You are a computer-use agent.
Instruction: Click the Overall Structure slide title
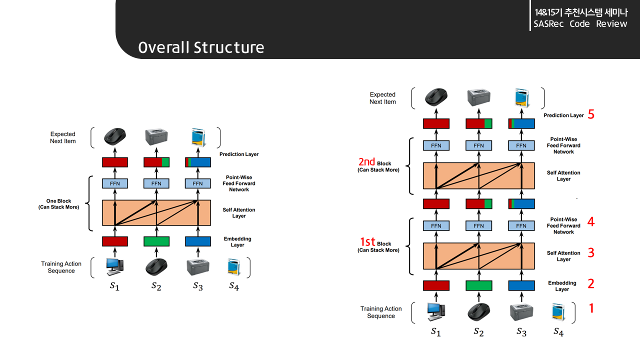pyautogui.click(x=201, y=47)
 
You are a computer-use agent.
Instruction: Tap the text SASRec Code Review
pyautogui.click(x=580, y=24)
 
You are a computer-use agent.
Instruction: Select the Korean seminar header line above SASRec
pyautogui.click(x=580, y=12)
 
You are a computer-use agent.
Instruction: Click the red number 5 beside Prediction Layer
pyautogui.click(x=591, y=114)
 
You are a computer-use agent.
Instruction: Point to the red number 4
pyautogui.click(x=591, y=222)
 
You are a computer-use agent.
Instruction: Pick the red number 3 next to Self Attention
pyautogui.click(x=591, y=253)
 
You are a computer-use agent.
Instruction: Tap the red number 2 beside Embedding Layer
pyautogui.click(x=591, y=284)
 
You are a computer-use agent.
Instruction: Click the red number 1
pyautogui.click(x=591, y=308)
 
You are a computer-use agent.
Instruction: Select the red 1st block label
pyautogui.click(x=367, y=242)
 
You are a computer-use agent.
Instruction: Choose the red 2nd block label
pyautogui.click(x=366, y=162)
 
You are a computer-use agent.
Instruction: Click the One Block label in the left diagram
pyautogui.click(x=58, y=204)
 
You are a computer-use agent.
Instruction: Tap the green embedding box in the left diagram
pyautogui.click(x=156, y=241)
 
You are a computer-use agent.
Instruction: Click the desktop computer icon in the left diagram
pyautogui.click(x=114, y=267)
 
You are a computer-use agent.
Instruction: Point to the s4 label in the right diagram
pyautogui.click(x=558, y=331)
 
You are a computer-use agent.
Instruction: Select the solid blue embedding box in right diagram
pyautogui.click(x=521, y=285)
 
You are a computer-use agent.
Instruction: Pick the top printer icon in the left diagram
pyautogui.click(x=156, y=136)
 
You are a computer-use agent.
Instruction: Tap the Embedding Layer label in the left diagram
pyautogui.click(x=237, y=242)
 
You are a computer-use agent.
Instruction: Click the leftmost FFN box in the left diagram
pyautogui.click(x=114, y=183)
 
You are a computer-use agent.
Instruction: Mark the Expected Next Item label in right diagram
pyautogui.click(x=382, y=98)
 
